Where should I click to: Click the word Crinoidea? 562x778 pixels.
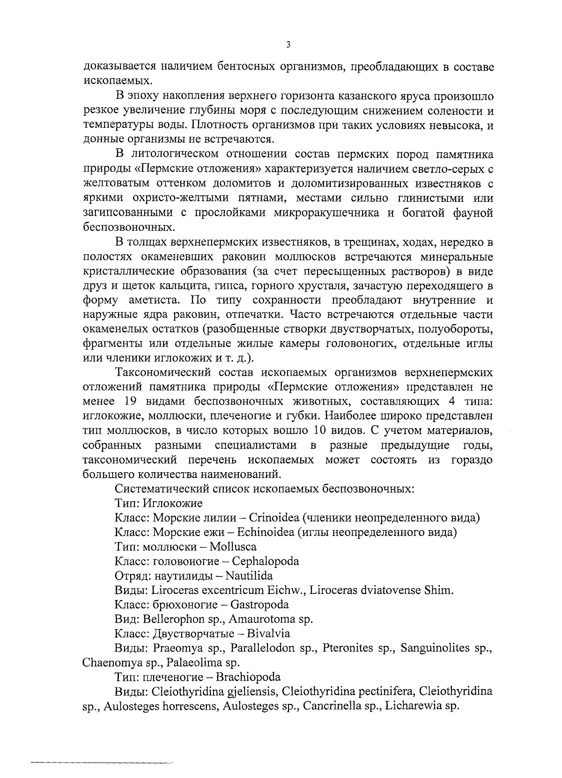[274, 518]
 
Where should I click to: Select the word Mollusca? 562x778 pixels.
[233, 547]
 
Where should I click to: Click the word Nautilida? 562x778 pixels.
[249, 576]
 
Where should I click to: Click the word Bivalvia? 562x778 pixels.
[269, 634]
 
